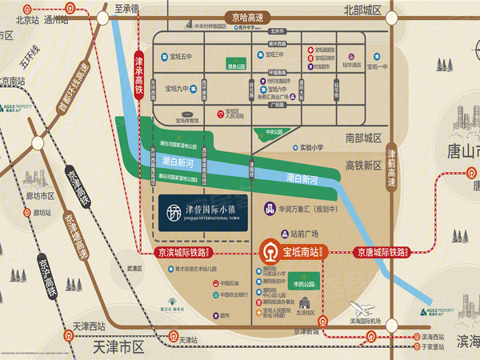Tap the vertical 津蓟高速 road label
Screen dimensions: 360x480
[392, 167]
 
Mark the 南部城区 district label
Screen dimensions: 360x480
[364, 138]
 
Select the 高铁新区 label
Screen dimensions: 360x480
[364, 165]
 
